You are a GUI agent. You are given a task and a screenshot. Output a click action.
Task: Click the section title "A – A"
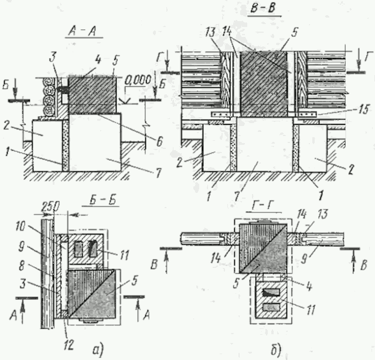coord(82,32)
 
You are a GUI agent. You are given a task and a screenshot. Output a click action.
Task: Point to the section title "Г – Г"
coord(262,206)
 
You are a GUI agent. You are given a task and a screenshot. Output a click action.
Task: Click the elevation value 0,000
coord(138,80)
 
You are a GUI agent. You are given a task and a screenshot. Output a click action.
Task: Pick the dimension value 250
coord(50,207)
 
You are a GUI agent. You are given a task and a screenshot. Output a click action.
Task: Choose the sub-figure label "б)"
coord(276,350)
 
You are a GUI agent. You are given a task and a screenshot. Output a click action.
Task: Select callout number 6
coord(159,141)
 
